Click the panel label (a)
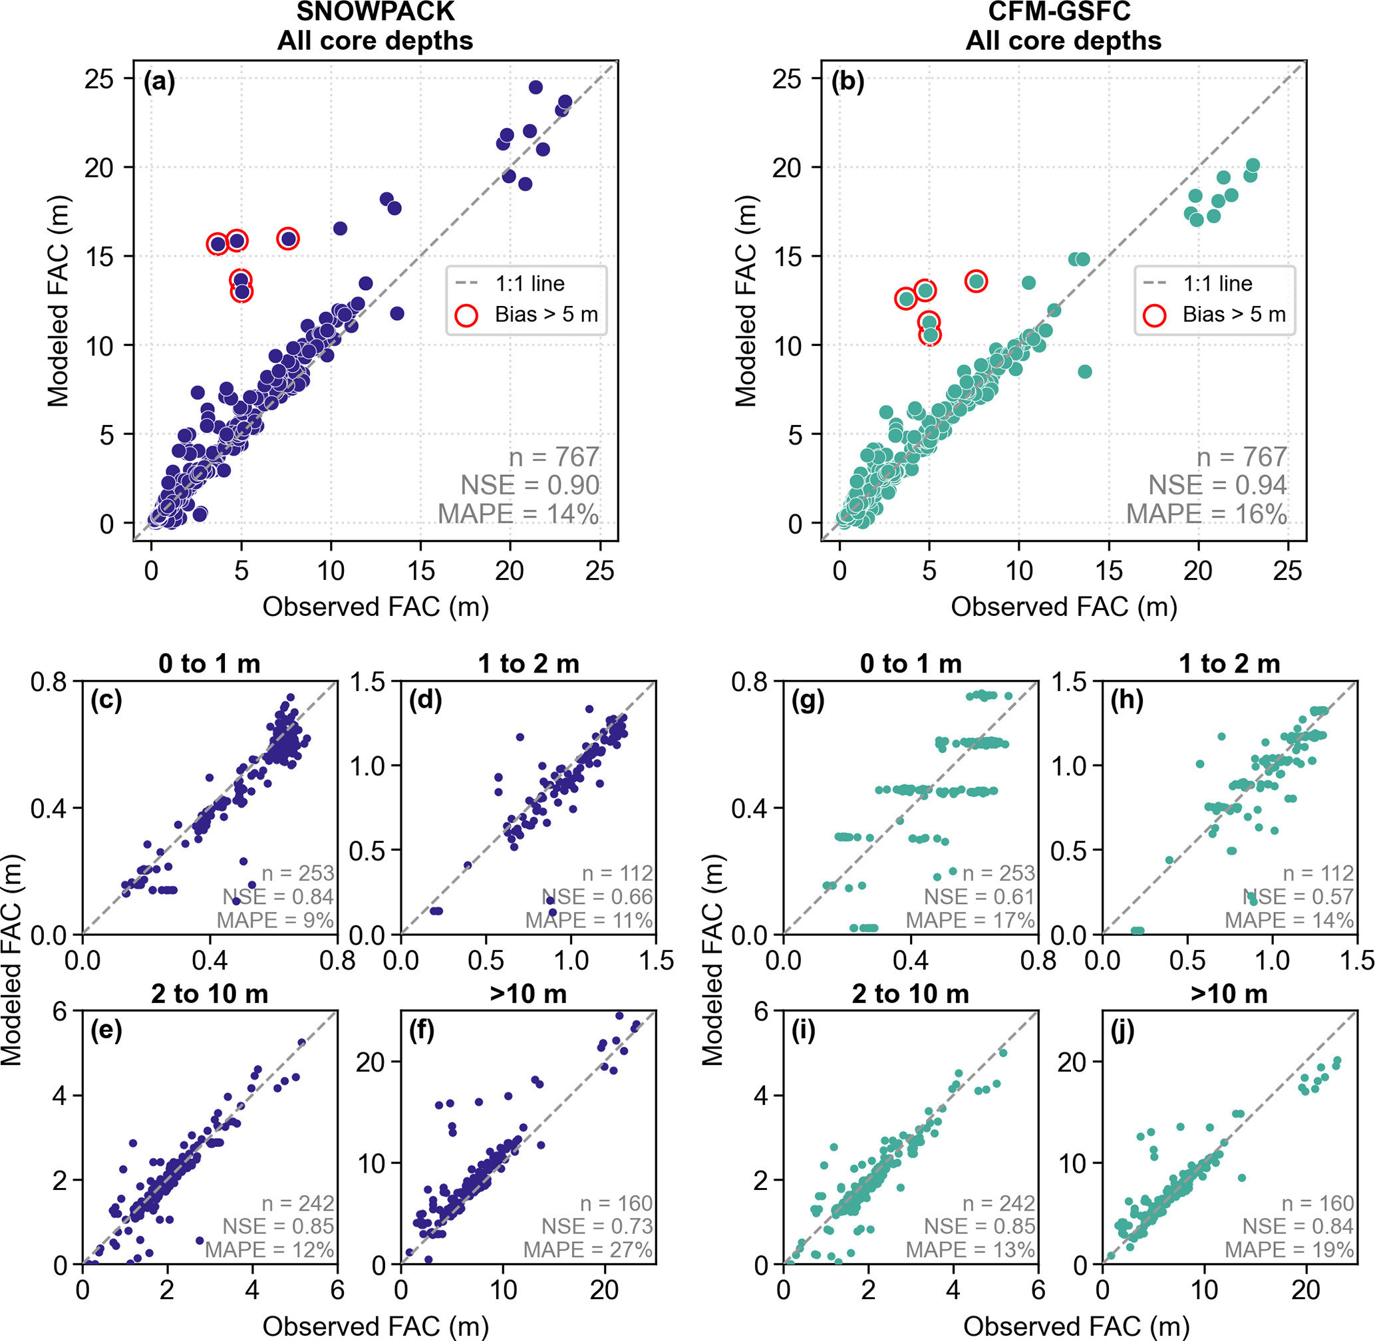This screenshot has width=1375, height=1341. coord(159,82)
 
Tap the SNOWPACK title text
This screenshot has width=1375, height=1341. coord(375,12)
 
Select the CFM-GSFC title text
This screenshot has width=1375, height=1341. coord(1063,12)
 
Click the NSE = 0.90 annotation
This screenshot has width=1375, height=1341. coord(530,486)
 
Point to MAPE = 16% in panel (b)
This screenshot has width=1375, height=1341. coord(1206,514)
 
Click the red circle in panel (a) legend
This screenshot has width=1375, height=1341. coord(466,315)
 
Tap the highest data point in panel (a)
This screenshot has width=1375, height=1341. coord(535,87)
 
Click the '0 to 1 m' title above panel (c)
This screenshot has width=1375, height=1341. coord(209,663)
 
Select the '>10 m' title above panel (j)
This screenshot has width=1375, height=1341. coord(1229,994)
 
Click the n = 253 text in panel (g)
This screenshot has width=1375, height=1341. coord(998,873)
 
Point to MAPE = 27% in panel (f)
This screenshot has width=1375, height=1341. coord(587,1250)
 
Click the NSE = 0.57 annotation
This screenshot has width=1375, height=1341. coord(1298,897)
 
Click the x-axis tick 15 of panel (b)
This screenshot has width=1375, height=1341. coord(1109,571)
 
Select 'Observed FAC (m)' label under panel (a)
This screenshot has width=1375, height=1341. coord(375,607)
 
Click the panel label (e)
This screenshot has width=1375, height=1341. coord(106,1030)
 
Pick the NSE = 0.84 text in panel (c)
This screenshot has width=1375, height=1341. coord(278,897)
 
